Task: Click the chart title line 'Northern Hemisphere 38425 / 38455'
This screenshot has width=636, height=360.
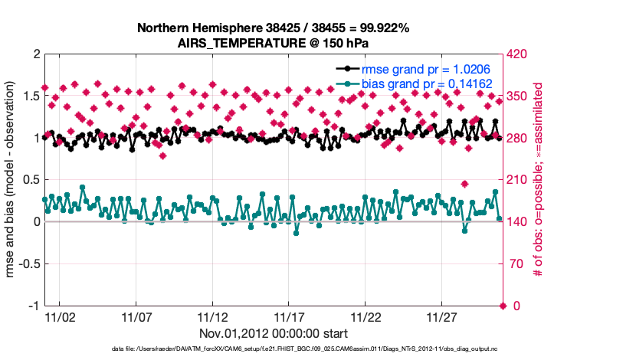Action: [x=273, y=28]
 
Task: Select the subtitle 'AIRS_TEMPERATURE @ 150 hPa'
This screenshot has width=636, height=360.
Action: [x=273, y=43]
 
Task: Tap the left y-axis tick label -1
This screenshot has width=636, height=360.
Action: [x=32, y=306]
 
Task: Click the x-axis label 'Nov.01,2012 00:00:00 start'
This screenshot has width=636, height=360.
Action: [x=273, y=333]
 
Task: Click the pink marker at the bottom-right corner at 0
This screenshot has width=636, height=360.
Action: [x=503, y=306]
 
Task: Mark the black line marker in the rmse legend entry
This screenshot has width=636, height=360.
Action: [x=348, y=68]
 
